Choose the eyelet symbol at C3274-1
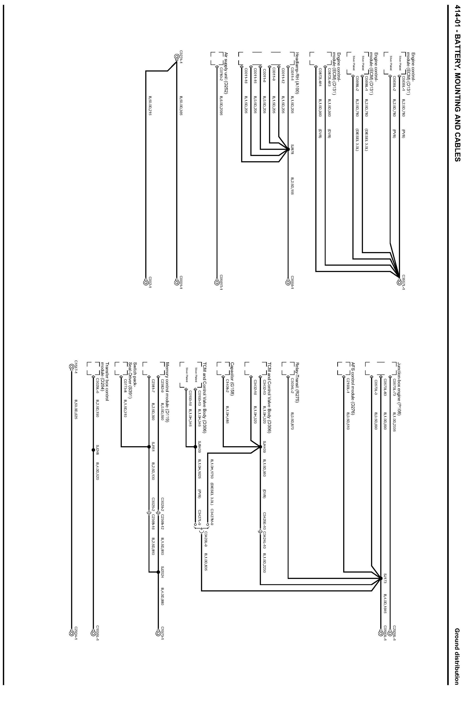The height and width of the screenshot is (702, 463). pyautogui.click(x=176, y=56)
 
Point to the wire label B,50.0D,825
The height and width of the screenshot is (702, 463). pyautogui.click(x=76, y=411)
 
